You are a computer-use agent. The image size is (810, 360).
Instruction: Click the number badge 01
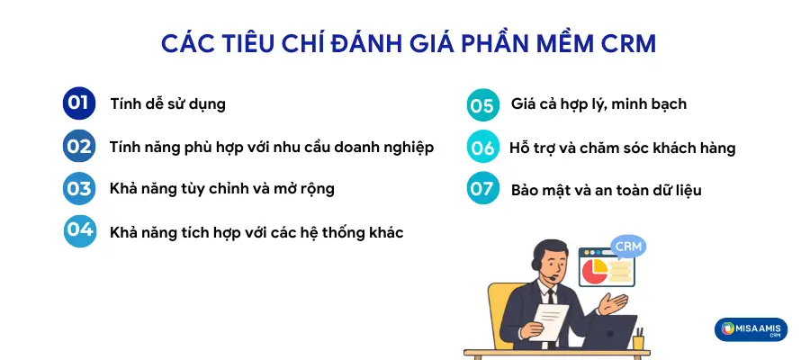tap(78, 103)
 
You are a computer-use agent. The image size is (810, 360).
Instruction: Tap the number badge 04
tap(80, 231)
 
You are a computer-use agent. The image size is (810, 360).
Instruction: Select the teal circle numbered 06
tap(483, 148)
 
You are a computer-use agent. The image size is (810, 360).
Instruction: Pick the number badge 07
tap(483, 190)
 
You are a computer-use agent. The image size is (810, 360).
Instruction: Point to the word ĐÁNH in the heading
tap(384, 44)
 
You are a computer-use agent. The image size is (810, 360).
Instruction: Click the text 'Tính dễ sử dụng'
tap(167, 103)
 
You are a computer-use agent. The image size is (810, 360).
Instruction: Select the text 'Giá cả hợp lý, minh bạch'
tap(598, 104)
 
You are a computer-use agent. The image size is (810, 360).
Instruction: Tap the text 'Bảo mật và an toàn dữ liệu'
tap(606, 191)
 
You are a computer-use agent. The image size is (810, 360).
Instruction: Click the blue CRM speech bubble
tap(629, 246)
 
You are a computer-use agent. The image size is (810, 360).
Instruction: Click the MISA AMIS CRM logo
tap(751, 329)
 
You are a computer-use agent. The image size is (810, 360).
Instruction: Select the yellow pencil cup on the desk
tap(638, 340)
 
